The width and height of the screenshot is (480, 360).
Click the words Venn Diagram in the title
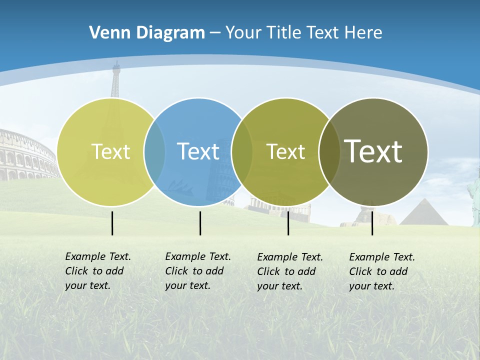pos(147,33)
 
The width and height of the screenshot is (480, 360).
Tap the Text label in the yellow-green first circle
pos(110,151)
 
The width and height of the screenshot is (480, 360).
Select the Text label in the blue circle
pos(198,151)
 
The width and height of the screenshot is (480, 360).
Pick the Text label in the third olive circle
pos(285,151)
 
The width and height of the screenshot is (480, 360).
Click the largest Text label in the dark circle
pos(373,151)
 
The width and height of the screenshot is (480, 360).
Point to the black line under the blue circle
pos(200,223)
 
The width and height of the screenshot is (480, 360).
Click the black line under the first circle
pos(112,223)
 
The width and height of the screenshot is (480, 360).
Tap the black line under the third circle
pos(288,223)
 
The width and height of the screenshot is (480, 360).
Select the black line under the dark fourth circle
pos(372,223)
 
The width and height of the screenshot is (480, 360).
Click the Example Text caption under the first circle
pos(98,271)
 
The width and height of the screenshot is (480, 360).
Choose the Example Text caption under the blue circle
pos(198,271)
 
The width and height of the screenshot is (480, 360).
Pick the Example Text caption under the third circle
pos(290,271)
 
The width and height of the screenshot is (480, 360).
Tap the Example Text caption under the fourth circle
pos(382,271)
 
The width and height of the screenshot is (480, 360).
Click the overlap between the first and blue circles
pos(154,152)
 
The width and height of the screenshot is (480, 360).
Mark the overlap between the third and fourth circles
pos(329,152)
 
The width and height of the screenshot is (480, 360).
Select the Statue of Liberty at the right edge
pos(473,197)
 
